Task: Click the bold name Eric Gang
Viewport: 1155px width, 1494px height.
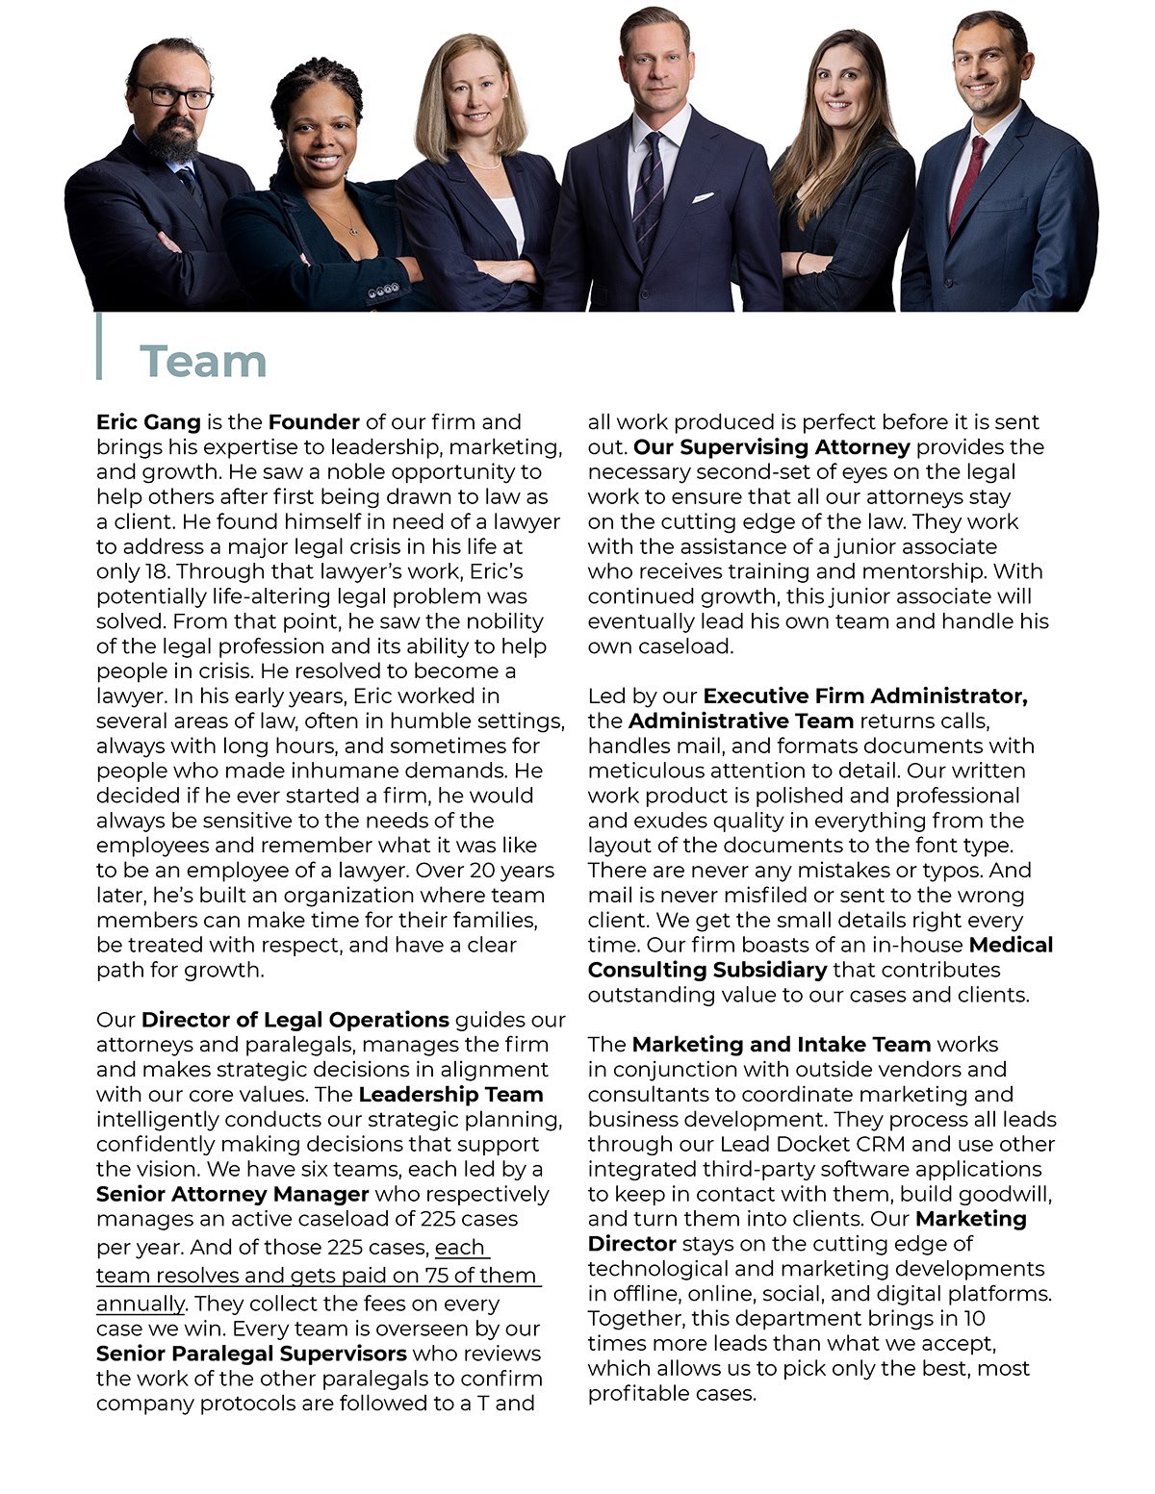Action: (148, 422)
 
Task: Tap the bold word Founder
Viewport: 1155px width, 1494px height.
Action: (314, 422)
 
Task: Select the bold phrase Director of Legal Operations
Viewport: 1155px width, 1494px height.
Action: (295, 1020)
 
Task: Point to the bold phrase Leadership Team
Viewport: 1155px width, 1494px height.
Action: (450, 1095)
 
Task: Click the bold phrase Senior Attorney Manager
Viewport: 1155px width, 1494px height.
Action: (232, 1195)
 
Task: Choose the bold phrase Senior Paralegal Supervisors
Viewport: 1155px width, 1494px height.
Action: (251, 1354)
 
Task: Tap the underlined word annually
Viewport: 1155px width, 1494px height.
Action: (140, 1304)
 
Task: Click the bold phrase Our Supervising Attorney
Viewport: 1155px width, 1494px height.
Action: (771, 447)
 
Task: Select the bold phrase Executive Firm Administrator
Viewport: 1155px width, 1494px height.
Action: (864, 696)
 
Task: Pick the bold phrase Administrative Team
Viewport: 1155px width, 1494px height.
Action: (741, 721)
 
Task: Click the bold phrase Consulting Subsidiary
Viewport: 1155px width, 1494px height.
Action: (707, 970)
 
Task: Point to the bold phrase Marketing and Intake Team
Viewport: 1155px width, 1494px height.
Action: (781, 1045)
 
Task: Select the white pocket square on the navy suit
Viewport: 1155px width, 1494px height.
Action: (704, 197)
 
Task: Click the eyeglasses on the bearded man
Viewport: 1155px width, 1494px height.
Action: (173, 96)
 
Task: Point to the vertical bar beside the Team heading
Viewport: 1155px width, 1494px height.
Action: (98, 346)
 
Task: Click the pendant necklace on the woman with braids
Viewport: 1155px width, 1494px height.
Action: (353, 231)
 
